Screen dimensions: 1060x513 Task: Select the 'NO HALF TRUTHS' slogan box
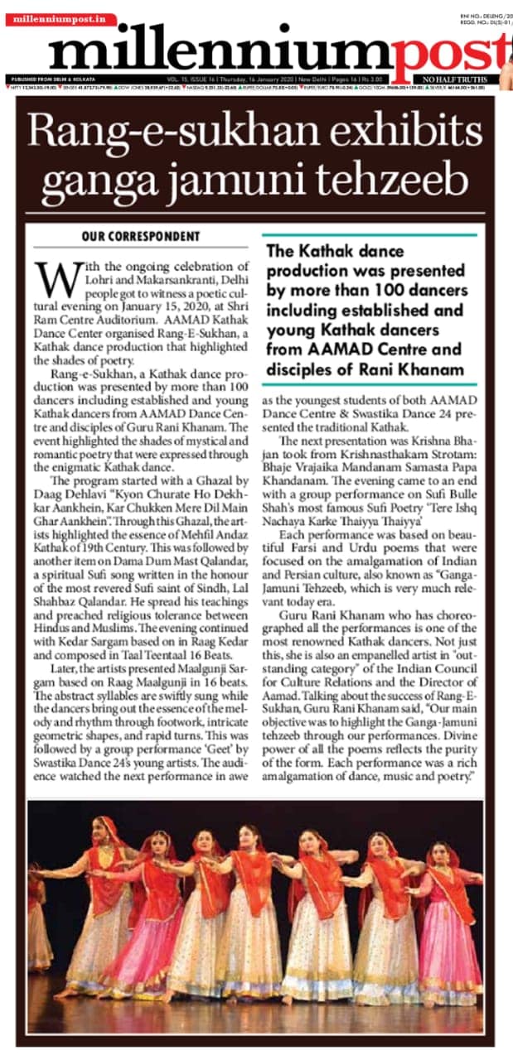456,79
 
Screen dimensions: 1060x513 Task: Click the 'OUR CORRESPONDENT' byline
141,237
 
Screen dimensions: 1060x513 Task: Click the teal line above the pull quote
369,235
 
